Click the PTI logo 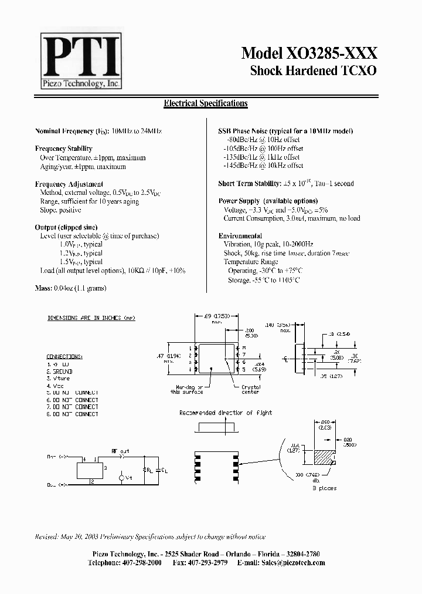pos(80,60)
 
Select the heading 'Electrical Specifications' pos(205,103)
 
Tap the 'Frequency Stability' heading pos(64,149)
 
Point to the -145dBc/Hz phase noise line pos(261,166)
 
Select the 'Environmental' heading pos(240,235)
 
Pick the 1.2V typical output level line pos(81,253)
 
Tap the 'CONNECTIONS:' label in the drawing pos(64,356)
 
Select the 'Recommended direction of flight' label pos(226,413)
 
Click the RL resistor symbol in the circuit pos(145,469)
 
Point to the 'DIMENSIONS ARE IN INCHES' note pos(91,318)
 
